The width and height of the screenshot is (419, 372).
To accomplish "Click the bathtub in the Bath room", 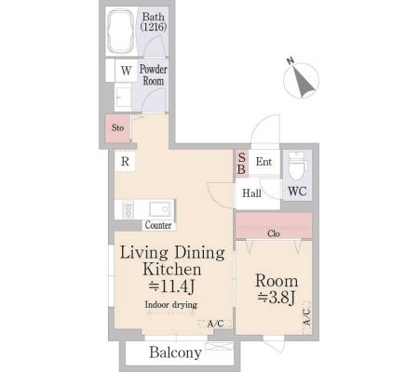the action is point(121,32).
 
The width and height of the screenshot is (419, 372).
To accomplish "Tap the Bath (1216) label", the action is point(154,21).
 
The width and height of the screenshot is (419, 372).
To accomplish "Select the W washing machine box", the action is point(126,71).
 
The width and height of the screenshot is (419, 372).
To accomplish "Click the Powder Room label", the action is point(154,74).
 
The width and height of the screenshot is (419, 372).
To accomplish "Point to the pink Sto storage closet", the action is point(117,128).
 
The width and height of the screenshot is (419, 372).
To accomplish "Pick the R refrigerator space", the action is point(125,161).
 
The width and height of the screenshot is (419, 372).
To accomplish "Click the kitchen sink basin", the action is point(160,209).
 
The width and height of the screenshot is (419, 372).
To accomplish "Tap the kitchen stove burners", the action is point(128,209).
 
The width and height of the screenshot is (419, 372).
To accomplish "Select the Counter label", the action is point(158,225).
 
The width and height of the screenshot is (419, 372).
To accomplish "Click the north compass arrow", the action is point(302,80).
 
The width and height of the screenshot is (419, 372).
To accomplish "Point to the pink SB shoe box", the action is point(241,164).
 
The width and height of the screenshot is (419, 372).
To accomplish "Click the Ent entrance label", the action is point(264,161).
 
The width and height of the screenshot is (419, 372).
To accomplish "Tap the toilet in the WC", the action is point(297,166).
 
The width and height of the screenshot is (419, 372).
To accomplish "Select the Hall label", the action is point(251,193).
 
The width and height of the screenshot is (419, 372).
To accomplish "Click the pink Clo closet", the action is point(274,225).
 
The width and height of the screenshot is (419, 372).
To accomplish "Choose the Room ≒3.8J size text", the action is point(277,289).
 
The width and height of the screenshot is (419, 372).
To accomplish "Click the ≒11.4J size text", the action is point(172,286).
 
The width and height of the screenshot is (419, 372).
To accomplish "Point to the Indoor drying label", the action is point(171,304).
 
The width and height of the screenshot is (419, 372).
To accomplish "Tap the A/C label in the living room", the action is point(215,324).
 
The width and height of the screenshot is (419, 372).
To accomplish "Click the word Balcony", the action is point(176,352).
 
